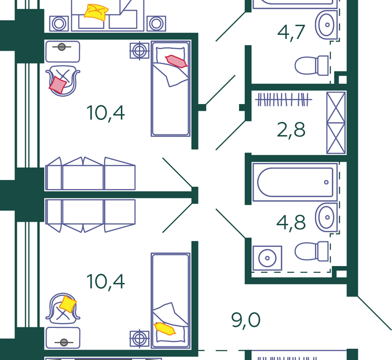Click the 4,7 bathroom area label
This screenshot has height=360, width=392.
point(291,31)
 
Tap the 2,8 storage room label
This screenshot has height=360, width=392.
point(291,129)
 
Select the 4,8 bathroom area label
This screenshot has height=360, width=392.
point(291,222)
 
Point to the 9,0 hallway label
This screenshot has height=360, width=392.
point(246,321)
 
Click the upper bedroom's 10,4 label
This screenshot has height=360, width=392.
point(106,112)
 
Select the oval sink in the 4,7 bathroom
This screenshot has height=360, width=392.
point(325,24)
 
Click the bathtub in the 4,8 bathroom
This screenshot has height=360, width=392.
point(295,182)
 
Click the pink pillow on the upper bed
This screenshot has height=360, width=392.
point(175,60)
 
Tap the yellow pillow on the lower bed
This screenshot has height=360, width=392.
point(165,328)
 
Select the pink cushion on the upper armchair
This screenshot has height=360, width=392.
point(58,84)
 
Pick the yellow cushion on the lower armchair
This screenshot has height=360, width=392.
point(67,304)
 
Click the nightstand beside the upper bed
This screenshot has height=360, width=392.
point(138,50)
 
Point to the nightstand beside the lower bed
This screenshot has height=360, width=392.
point(138,339)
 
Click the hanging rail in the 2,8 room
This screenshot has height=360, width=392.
point(284,100)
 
